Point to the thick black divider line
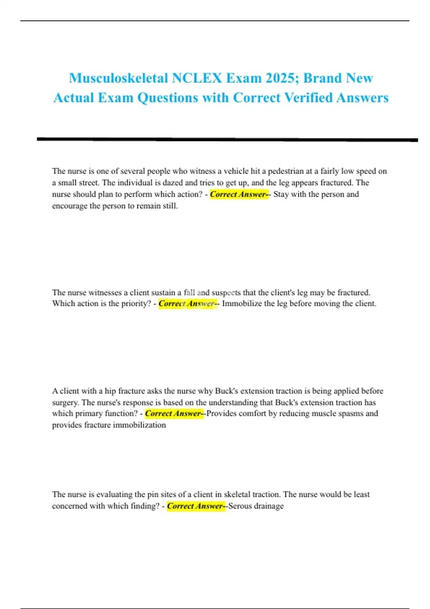[227, 139]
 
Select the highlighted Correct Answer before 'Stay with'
[239, 195]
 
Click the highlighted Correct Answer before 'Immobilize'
[187, 304]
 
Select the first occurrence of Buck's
[226, 391]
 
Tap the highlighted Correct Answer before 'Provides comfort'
[174, 414]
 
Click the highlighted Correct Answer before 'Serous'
[196, 506]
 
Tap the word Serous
[240, 506]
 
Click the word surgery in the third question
[64, 403]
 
